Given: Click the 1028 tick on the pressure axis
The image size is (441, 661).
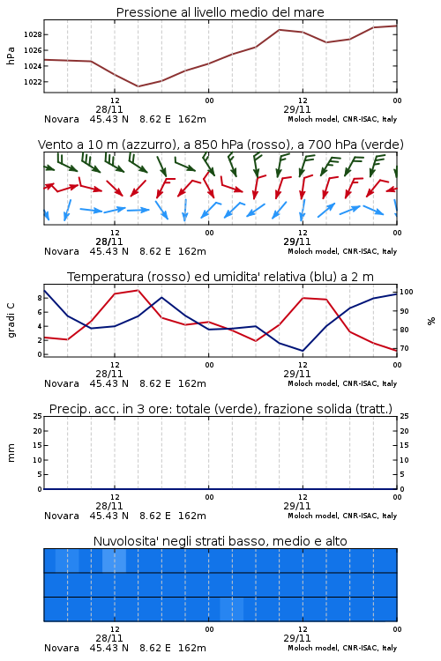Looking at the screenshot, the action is [33, 34].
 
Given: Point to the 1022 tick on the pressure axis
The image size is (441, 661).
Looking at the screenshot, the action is [33, 82].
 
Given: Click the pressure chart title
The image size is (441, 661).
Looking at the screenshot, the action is [220, 12].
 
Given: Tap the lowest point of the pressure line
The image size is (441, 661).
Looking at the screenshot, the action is [138, 86].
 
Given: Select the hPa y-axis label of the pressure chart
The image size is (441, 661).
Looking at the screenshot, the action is [11, 56].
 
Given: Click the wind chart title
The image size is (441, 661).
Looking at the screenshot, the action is [220, 145].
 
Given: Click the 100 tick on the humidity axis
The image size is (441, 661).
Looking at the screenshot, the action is [407, 292].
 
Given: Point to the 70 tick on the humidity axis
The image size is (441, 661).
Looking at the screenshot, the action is [404, 348].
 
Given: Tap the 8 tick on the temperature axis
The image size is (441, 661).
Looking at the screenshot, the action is [40, 298].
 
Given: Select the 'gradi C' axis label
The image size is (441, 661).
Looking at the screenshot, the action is [11, 321].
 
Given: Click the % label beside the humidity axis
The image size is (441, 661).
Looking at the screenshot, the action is [431, 321].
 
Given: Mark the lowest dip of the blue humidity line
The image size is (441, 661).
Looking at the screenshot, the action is [303, 351].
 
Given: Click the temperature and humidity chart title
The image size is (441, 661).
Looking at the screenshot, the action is [220, 277].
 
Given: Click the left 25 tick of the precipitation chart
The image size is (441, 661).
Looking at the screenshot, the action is [38, 416].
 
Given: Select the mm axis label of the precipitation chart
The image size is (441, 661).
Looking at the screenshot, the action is [11, 453].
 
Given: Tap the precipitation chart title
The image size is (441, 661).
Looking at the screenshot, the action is [220, 409].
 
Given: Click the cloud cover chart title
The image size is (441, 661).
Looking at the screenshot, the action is [220, 541].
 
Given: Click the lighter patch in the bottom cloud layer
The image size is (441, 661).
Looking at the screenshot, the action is [232, 609].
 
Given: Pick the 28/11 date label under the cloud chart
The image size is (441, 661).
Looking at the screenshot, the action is [109, 638].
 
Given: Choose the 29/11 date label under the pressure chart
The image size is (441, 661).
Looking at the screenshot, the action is [297, 109].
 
